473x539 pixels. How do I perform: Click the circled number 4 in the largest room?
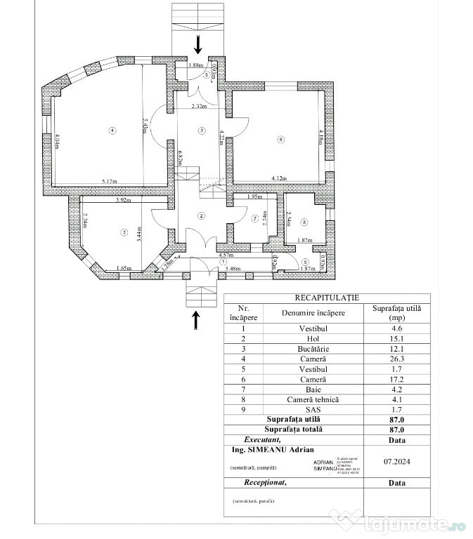[x=111, y=130]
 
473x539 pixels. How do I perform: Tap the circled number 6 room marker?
[x=280, y=140]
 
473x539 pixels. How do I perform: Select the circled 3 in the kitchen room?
[x=123, y=232]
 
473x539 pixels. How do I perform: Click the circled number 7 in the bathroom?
[x=255, y=219]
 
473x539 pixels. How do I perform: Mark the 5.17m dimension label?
[x=109, y=182]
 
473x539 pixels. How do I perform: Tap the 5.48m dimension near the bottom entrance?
[x=233, y=268]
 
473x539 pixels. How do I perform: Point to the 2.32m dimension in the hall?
[x=199, y=107]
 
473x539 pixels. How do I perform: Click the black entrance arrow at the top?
[x=198, y=45]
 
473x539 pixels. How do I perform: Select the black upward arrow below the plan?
[x=195, y=319]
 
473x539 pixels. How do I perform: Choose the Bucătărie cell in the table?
[x=314, y=349]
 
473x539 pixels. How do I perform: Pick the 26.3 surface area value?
[x=397, y=359]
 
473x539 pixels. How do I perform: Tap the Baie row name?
[x=314, y=389]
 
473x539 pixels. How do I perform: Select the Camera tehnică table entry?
[x=314, y=399]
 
